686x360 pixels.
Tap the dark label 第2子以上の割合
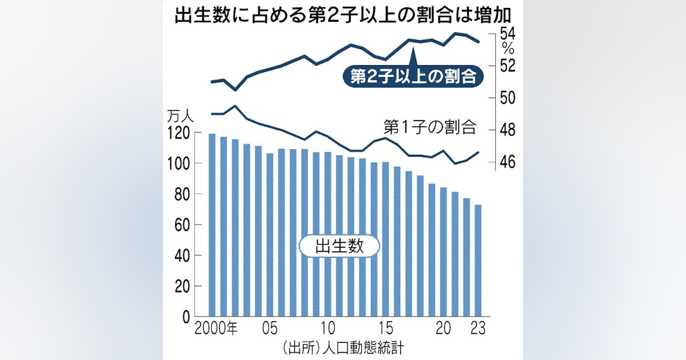coord(413,77)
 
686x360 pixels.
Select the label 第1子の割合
coord(429,126)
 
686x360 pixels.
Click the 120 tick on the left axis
coord(177,133)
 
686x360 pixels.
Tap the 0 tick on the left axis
coord(187,317)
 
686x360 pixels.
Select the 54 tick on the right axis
coord(508,33)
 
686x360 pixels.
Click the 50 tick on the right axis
coord(508,98)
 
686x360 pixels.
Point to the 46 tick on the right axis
coord(508,163)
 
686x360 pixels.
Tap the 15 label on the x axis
coord(386,330)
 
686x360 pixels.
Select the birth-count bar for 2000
coord(212,225)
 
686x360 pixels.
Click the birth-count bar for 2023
coord(478,261)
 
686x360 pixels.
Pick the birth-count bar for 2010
coord(328,234)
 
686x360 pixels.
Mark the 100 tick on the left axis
coord(177,164)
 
